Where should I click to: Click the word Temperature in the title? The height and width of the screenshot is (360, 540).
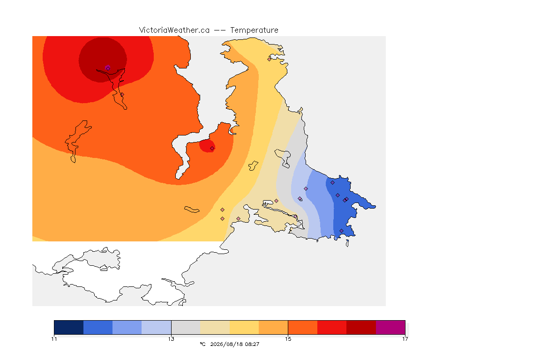254,30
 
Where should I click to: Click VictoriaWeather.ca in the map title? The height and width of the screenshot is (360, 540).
174,30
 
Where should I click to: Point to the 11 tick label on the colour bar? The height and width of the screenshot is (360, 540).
54,339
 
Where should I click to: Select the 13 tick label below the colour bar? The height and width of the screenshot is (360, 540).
171,339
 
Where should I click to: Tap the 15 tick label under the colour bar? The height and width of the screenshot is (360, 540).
288,339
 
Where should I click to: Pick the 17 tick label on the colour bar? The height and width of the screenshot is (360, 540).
405,339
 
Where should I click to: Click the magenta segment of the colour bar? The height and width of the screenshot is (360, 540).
390,327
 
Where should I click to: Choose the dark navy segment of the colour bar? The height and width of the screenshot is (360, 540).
69,327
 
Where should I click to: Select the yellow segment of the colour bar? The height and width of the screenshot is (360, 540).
244,327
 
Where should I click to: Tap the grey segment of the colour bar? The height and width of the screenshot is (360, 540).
186,327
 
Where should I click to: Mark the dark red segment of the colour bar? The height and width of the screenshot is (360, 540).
361,327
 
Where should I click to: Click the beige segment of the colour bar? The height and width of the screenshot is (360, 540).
215,327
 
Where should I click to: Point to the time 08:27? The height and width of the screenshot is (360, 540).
252,344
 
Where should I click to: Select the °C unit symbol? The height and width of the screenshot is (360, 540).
202,344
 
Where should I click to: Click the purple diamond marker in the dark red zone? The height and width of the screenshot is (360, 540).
108,68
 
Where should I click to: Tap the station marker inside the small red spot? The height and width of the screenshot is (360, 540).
212,148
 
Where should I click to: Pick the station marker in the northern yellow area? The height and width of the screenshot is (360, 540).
270,59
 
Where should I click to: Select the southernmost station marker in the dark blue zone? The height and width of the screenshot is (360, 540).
341,231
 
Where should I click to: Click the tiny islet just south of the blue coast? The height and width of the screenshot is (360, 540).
347,243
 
